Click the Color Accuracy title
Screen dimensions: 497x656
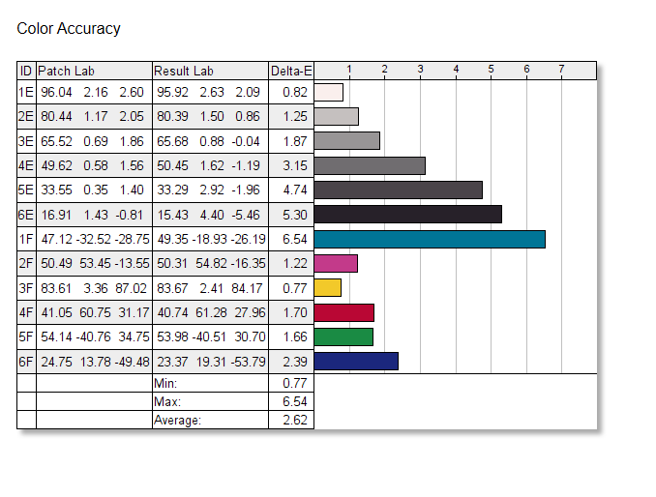[x=69, y=29]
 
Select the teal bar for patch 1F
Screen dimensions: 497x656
[x=430, y=239]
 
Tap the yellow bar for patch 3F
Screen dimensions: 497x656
[x=328, y=287]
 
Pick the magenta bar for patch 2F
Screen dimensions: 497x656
[x=336, y=263]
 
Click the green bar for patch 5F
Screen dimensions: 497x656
[x=343, y=336]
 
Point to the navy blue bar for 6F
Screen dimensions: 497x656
[x=356, y=361]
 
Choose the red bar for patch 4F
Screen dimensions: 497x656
[x=344, y=311]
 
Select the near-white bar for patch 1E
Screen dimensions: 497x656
[x=329, y=92]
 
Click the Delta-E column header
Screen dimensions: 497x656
[x=291, y=71]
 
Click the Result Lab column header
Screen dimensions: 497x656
[x=184, y=71]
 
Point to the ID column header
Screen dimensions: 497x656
[x=26, y=71]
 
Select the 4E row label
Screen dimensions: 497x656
[x=26, y=165]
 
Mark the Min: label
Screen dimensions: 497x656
[x=165, y=384]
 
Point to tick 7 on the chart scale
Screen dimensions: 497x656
[x=562, y=69]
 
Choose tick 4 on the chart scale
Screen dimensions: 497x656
[x=456, y=69]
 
